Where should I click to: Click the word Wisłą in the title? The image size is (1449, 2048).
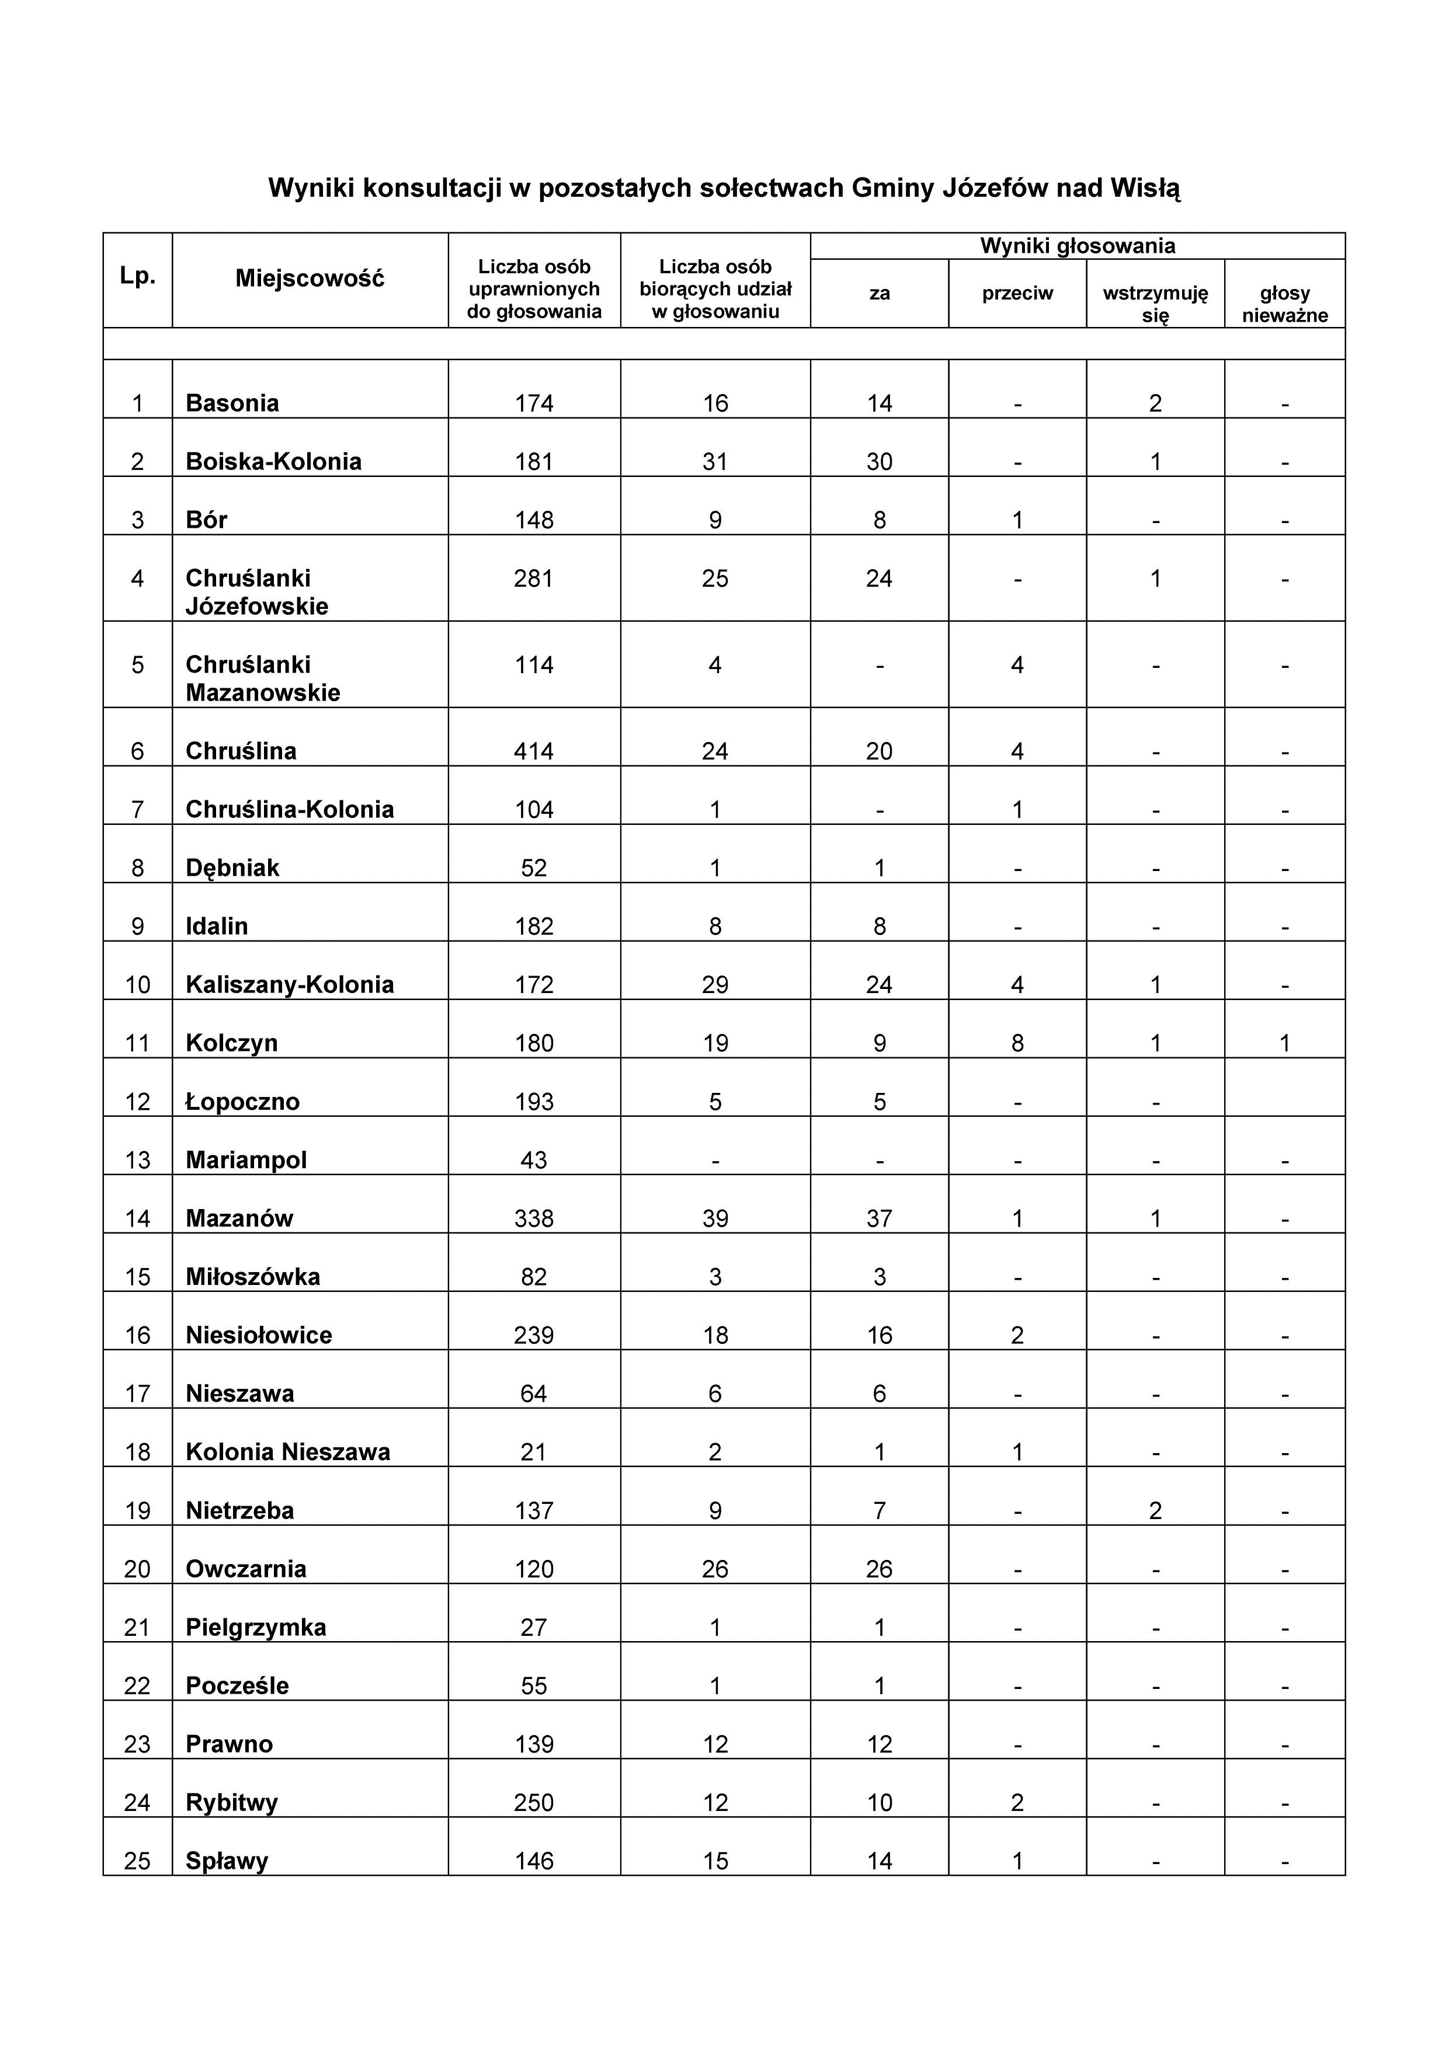[1145, 188]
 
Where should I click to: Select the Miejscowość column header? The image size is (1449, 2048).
[310, 278]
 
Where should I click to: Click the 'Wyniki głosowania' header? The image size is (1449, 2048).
[1077, 246]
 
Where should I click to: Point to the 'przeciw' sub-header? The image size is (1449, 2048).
[1017, 294]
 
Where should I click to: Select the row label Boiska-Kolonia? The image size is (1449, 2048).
[273, 461]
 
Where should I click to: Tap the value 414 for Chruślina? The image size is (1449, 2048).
[534, 751]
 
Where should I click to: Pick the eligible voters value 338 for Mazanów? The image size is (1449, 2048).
[534, 1218]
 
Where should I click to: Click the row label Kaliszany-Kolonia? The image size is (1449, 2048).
[289, 985]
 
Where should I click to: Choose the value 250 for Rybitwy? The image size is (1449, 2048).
[534, 1803]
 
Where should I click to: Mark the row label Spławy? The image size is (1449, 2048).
[227, 1861]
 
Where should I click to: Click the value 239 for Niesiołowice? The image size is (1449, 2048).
[534, 1335]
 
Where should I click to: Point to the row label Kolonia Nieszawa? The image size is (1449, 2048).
[287, 1452]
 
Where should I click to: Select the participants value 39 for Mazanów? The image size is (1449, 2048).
[715, 1218]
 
